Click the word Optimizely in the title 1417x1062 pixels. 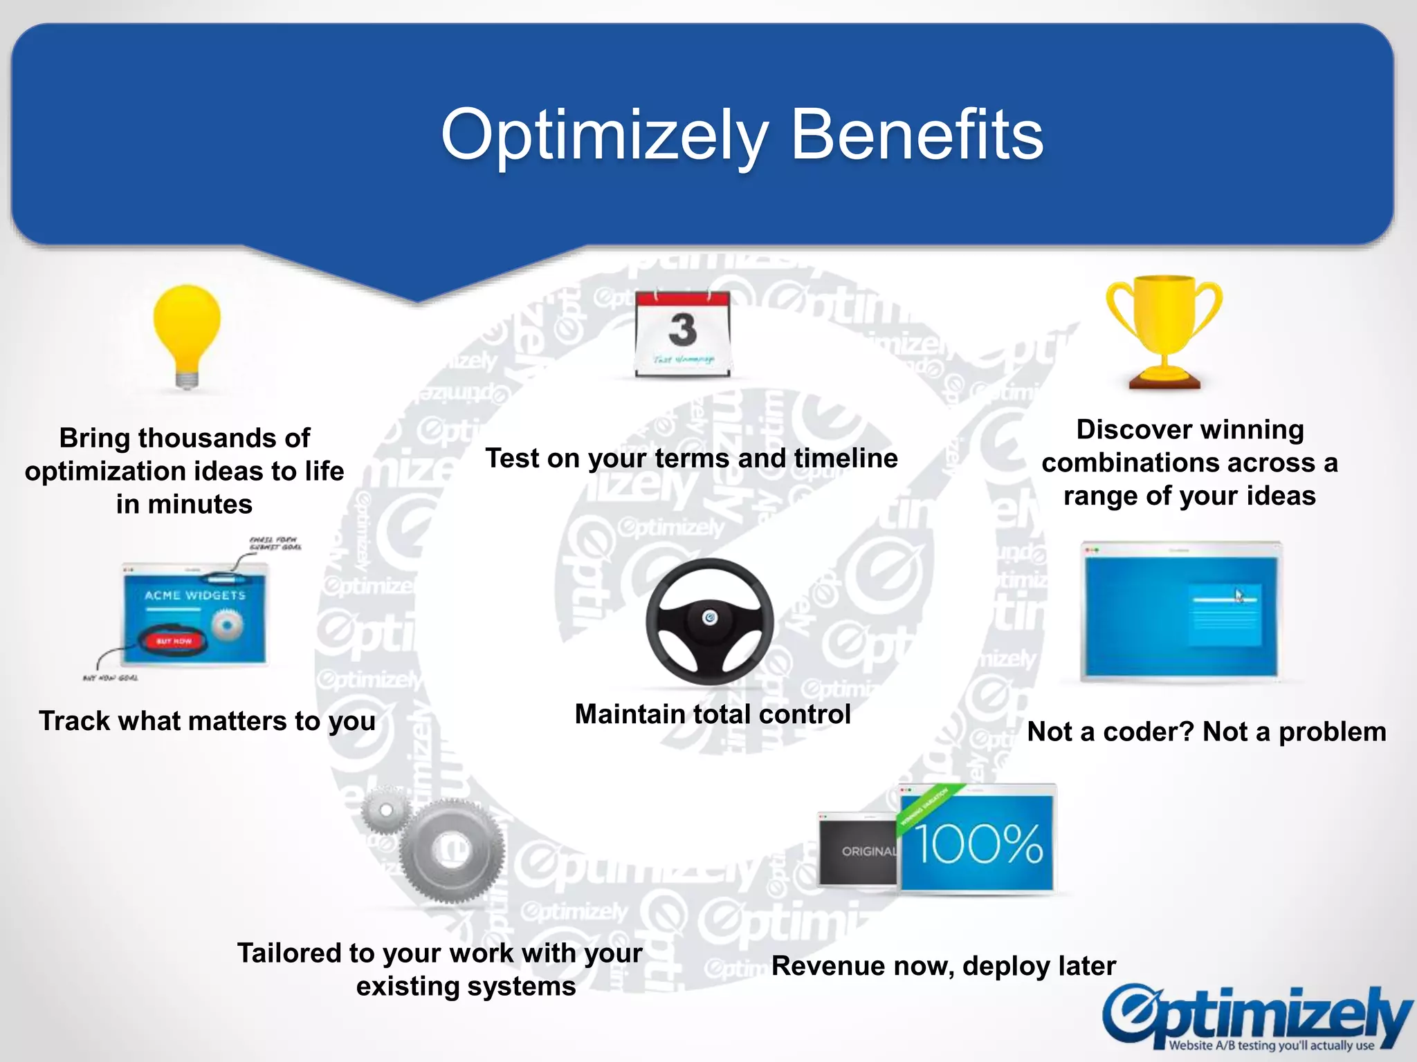[x=605, y=136]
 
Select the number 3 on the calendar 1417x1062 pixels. [x=682, y=330]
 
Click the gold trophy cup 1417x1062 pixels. [x=1164, y=325]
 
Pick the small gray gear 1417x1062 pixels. [x=386, y=810]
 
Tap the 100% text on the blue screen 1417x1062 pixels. [x=978, y=844]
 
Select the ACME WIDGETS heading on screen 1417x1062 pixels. [x=194, y=595]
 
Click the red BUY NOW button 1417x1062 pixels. [x=173, y=641]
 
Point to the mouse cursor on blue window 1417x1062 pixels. [x=1239, y=595]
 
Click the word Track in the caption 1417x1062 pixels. [x=74, y=721]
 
